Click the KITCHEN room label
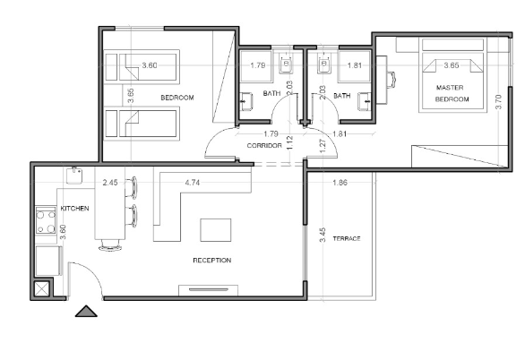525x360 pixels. [x=74, y=209]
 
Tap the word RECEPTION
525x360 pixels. [x=212, y=261]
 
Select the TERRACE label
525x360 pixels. [x=347, y=238]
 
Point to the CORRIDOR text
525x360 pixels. [x=264, y=146]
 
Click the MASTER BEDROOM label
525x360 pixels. [x=452, y=93]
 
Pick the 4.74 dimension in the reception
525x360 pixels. [x=193, y=183]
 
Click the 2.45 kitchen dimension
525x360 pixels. [x=110, y=183]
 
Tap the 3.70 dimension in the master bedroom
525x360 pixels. [x=498, y=102]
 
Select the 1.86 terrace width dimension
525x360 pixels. [x=340, y=183]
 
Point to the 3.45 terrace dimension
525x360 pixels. [x=323, y=236]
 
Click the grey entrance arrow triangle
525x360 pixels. [x=86, y=311]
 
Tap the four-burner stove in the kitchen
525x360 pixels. [x=46, y=220]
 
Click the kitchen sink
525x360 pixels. [x=74, y=176]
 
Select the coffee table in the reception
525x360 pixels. [x=216, y=230]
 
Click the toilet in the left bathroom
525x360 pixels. [x=287, y=64]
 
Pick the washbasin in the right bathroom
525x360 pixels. [x=365, y=101]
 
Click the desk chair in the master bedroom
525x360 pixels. [x=392, y=81]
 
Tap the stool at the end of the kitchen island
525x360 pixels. [x=109, y=246]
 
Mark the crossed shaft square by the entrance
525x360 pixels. [x=42, y=288]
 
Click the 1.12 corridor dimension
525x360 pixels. [x=290, y=142]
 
